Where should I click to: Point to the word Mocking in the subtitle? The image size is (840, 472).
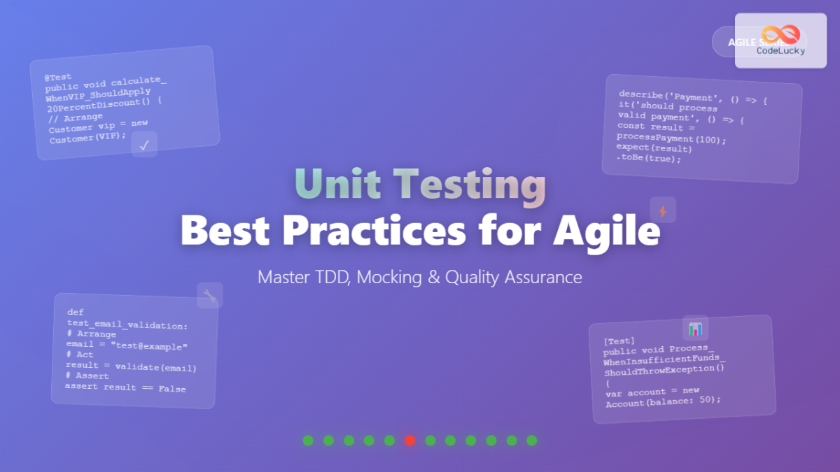[388, 277]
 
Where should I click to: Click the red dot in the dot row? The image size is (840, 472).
[410, 441]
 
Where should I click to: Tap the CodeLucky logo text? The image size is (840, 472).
[780, 50]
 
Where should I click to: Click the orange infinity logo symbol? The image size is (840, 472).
[780, 35]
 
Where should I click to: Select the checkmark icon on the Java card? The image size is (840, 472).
[144, 145]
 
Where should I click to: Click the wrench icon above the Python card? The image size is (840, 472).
[210, 295]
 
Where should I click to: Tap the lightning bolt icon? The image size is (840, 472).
[663, 210]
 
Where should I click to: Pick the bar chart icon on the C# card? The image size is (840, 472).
[695, 328]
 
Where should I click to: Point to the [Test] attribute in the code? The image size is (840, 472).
[619, 341]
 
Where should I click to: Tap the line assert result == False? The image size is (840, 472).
[125, 388]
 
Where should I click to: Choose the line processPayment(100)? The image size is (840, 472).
[671, 138]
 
